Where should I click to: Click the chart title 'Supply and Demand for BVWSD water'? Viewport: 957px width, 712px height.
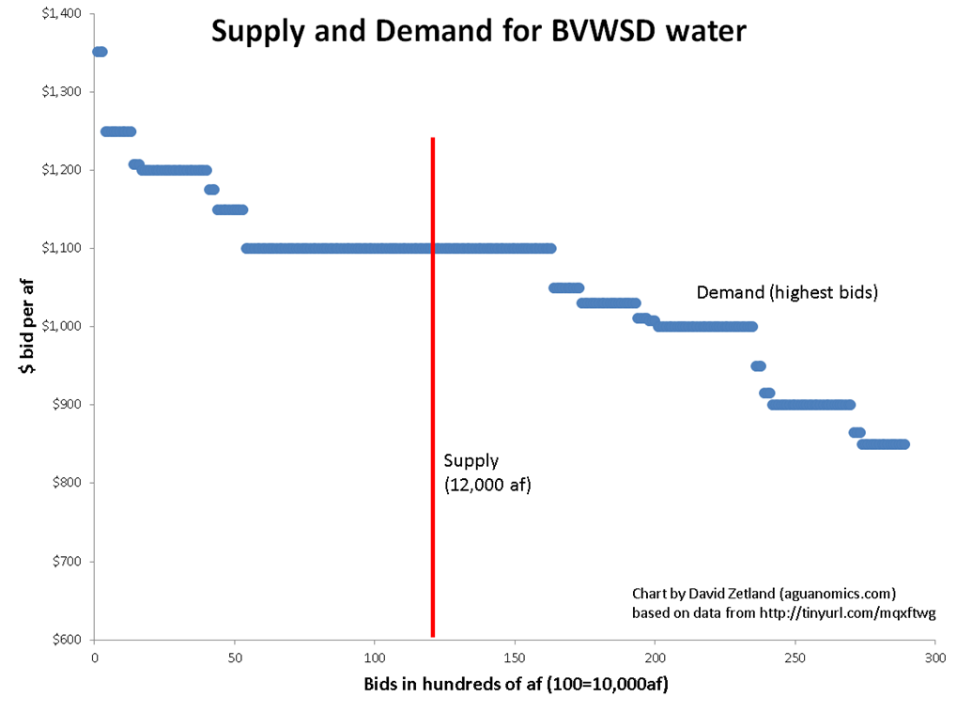(478, 31)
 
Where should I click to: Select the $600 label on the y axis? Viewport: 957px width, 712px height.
(66, 640)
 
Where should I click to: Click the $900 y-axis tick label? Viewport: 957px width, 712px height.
(66, 405)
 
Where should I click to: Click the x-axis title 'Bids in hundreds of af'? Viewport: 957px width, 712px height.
(516, 685)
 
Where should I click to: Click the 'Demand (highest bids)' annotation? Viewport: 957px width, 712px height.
(786, 293)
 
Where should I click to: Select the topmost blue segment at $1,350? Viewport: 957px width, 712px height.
(100, 52)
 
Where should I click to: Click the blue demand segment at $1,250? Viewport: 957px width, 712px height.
(118, 132)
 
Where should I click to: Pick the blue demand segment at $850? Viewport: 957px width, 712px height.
(883, 444)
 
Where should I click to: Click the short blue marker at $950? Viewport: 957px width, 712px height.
(758, 366)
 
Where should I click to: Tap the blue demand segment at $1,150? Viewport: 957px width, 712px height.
(230, 209)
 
